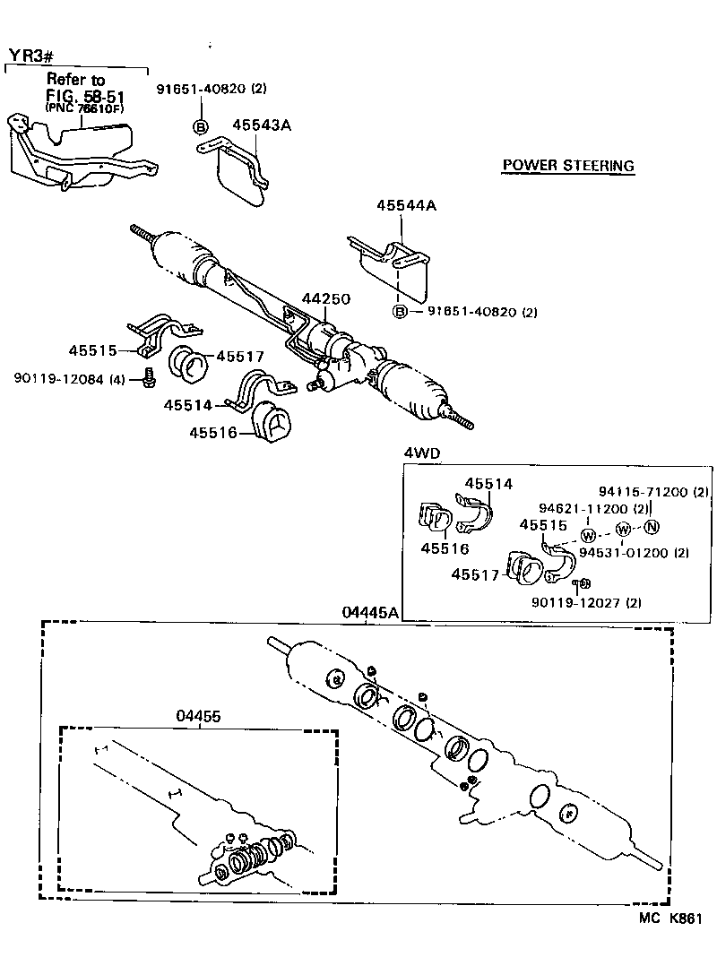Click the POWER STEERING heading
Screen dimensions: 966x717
click(x=567, y=166)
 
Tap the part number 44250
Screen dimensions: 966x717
click(x=325, y=298)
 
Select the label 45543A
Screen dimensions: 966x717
click(x=262, y=125)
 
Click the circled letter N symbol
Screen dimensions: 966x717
click(x=652, y=526)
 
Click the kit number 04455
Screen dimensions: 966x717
click(x=198, y=717)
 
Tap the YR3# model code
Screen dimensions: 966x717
click(x=31, y=56)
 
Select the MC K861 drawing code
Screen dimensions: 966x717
click(x=669, y=919)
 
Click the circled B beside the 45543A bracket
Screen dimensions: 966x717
click(x=202, y=126)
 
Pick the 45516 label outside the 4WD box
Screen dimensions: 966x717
click(x=212, y=433)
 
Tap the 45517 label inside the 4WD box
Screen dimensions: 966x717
click(x=475, y=574)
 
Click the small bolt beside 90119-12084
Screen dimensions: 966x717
click(x=147, y=381)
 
